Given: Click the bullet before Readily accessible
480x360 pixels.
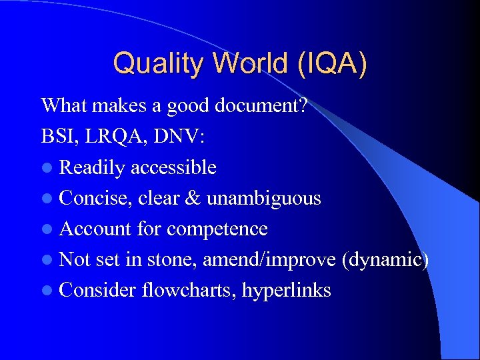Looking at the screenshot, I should click(47, 168).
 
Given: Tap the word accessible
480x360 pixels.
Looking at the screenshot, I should click(173, 167).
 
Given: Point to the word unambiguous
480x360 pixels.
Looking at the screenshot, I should click(263, 198).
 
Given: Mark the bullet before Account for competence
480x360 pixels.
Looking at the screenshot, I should click(47, 229).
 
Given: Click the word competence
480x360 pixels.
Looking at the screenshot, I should click(217, 229).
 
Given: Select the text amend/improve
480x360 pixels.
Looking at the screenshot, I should click(269, 259).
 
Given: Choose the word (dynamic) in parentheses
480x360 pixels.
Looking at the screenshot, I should click(385, 259).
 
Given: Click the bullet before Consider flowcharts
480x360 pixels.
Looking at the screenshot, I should click(47, 291).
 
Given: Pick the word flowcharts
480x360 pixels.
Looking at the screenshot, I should click(188, 290).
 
